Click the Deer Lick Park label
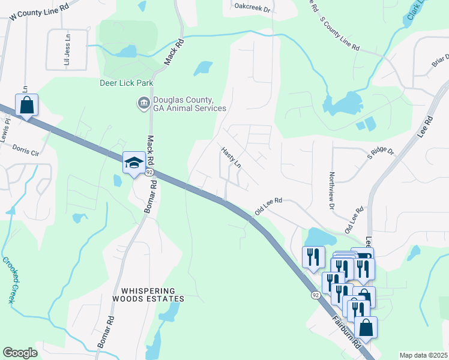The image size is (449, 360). [127, 83]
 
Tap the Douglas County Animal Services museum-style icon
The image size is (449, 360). [143, 104]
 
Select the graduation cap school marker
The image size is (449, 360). [133, 162]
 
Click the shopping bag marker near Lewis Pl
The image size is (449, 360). [27, 106]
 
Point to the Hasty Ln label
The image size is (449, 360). [231, 158]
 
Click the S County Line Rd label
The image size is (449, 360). [339, 33]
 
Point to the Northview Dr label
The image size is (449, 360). [331, 191]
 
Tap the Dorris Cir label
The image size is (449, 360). [25, 150]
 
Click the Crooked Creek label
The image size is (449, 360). [10, 280]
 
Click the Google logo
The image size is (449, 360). [20, 353]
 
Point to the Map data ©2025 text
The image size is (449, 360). [423, 355]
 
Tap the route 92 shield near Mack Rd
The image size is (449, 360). [148, 173]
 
